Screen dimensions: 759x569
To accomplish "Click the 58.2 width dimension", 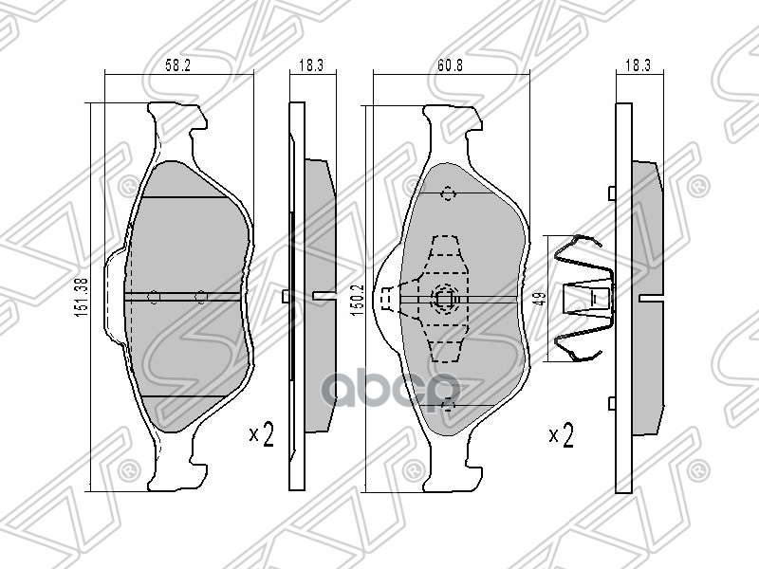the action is coord(178,65).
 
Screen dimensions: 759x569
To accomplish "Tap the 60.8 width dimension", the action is coord(450,65).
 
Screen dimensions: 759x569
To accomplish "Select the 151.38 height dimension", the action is coord(82,297).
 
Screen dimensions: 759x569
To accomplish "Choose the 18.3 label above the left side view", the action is coord(311,65).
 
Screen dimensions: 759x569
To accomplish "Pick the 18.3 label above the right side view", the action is coord(638,65).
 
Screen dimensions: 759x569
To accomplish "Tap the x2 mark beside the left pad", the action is coord(262,434).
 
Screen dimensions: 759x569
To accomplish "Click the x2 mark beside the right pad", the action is coord(561,434).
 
